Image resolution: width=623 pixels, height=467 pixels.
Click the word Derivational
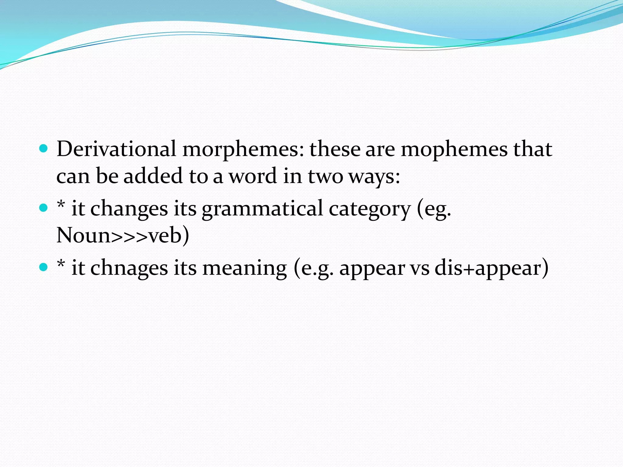(x=116, y=149)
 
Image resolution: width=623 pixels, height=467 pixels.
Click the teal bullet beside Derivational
(x=44, y=148)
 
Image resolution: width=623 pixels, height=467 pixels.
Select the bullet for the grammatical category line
(x=44, y=208)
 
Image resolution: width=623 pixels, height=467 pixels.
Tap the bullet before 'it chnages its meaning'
(x=44, y=267)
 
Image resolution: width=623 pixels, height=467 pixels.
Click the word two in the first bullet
(x=325, y=176)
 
